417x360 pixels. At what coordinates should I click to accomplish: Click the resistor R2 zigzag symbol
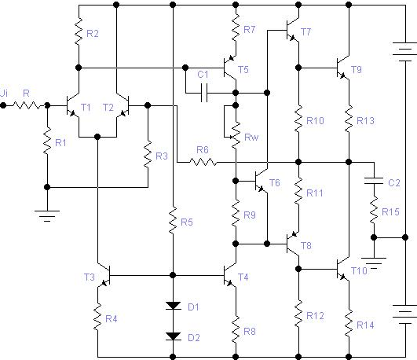click(x=79, y=31)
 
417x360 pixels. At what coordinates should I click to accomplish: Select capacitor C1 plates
click(x=204, y=93)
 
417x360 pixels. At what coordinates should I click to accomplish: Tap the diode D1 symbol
click(x=173, y=306)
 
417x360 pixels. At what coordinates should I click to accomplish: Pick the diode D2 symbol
click(x=173, y=336)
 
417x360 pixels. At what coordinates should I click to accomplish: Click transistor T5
click(x=230, y=68)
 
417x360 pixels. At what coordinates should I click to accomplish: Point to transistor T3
click(x=104, y=276)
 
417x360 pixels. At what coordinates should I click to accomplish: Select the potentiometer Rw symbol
click(x=233, y=136)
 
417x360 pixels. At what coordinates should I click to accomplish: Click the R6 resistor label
click(x=202, y=150)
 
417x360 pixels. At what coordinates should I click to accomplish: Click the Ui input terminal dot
click(x=3, y=105)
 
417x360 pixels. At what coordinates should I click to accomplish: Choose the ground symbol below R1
click(x=47, y=216)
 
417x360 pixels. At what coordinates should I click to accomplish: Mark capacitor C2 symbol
click(x=374, y=181)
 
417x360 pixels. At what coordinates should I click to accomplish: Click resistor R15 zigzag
click(x=374, y=211)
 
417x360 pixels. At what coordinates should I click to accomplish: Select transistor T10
click(x=343, y=270)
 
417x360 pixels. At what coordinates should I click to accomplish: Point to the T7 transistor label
click(x=305, y=32)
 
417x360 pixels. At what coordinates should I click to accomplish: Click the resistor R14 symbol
click(x=349, y=323)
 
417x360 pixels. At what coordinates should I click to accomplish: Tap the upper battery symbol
click(x=404, y=51)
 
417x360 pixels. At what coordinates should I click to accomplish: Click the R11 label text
click(x=315, y=193)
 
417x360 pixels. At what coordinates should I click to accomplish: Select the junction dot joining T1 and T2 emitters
click(x=97, y=137)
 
